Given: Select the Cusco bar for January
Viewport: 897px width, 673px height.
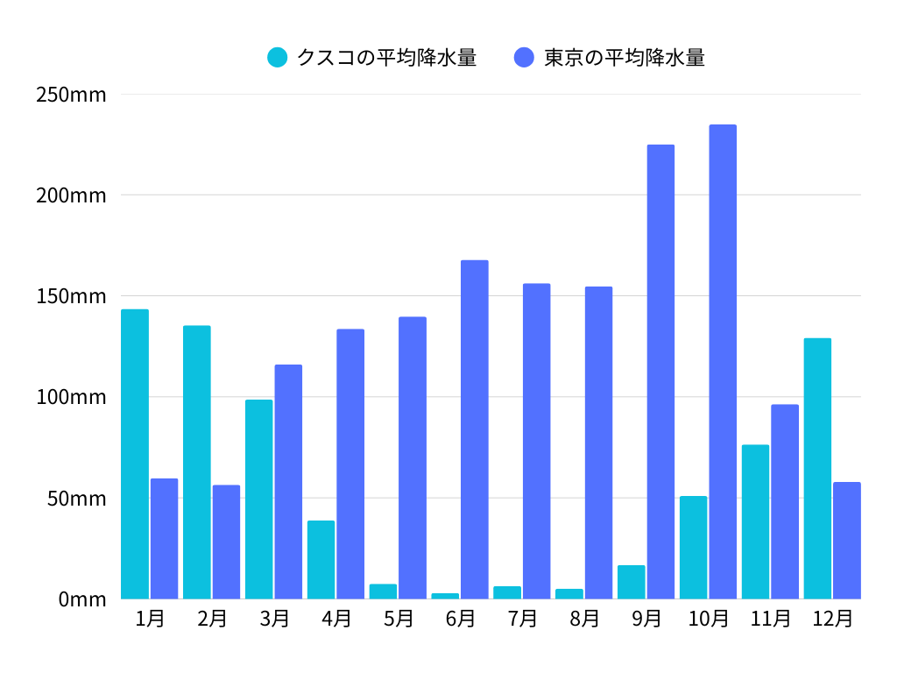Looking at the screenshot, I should [x=135, y=454].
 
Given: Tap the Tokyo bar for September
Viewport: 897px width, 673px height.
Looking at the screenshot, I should [x=660, y=372].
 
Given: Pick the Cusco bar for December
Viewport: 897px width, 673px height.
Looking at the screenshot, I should [x=817, y=468].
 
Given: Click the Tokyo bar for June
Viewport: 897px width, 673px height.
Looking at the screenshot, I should [x=475, y=429].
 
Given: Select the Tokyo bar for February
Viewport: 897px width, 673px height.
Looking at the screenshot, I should [x=226, y=542].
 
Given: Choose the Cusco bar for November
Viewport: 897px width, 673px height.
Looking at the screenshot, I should [x=755, y=521].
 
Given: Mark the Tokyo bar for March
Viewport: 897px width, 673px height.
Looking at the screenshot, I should [x=288, y=481].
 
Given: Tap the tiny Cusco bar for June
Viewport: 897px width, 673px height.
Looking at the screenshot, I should [x=445, y=596].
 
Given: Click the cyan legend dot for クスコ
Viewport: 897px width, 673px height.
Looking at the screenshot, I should [x=277, y=58].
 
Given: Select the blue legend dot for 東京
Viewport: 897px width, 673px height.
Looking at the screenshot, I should [x=524, y=58].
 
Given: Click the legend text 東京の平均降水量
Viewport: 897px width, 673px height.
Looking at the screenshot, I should [x=624, y=58].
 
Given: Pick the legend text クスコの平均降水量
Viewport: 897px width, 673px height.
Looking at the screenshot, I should [x=386, y=58].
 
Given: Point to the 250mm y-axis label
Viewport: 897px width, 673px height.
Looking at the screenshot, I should [x=71, y=95].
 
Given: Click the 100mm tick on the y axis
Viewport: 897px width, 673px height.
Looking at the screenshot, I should [x=71, y=397].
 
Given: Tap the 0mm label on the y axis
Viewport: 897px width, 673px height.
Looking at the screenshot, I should [x=82, y=599].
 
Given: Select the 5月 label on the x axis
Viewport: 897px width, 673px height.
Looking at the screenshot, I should [x=399, y=619].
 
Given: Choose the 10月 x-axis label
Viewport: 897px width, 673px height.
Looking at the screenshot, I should [x=709, y=619].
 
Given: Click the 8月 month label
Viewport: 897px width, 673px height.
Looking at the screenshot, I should [x=584, y=619].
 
